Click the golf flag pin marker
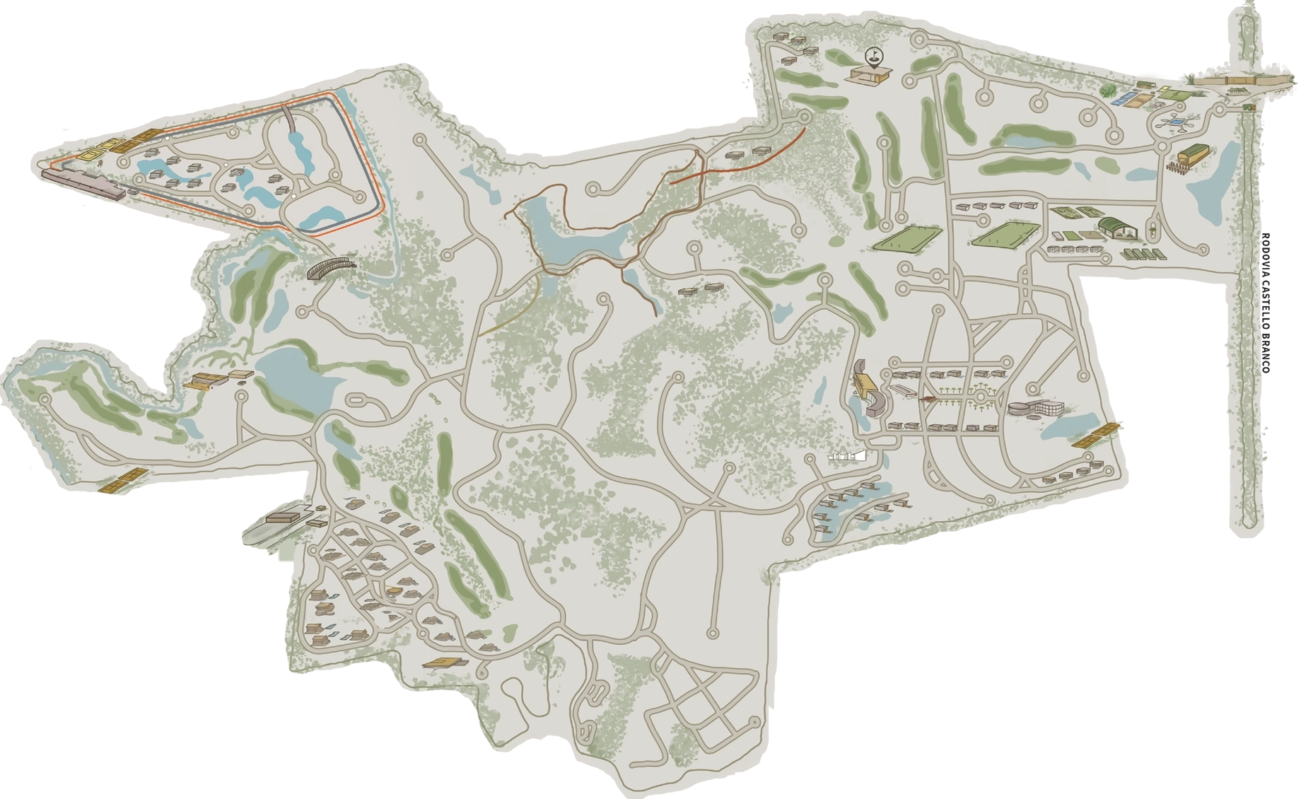pos(874,56)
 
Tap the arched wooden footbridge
pos(330,267)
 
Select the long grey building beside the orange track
pos(83,182)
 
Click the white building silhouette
pos(847,457)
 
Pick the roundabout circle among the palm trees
pos(981,399)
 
